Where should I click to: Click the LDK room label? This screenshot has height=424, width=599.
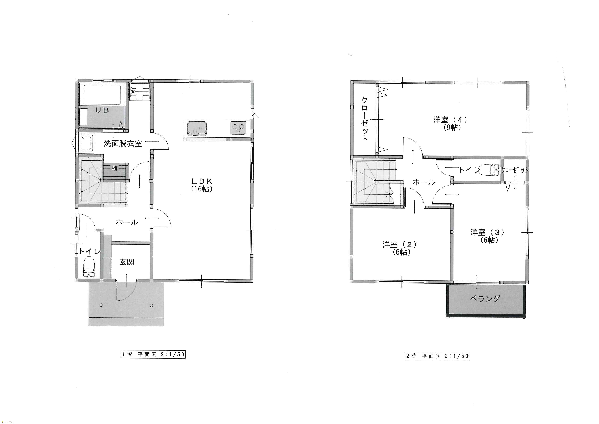pyautogui.click(x=202, y=181)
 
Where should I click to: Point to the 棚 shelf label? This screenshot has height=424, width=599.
pyautogui.click(x=115, y=168)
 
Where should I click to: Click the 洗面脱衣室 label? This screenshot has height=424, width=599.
pyautogui.click(x=123, y=143)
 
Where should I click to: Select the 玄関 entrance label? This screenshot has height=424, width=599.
pyautogui.click(x=127, y=262)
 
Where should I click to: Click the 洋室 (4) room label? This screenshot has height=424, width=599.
pyautogui.click(x=450, y=120)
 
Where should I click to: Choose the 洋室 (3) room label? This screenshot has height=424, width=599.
pyautogui.click(x=487, y=232)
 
